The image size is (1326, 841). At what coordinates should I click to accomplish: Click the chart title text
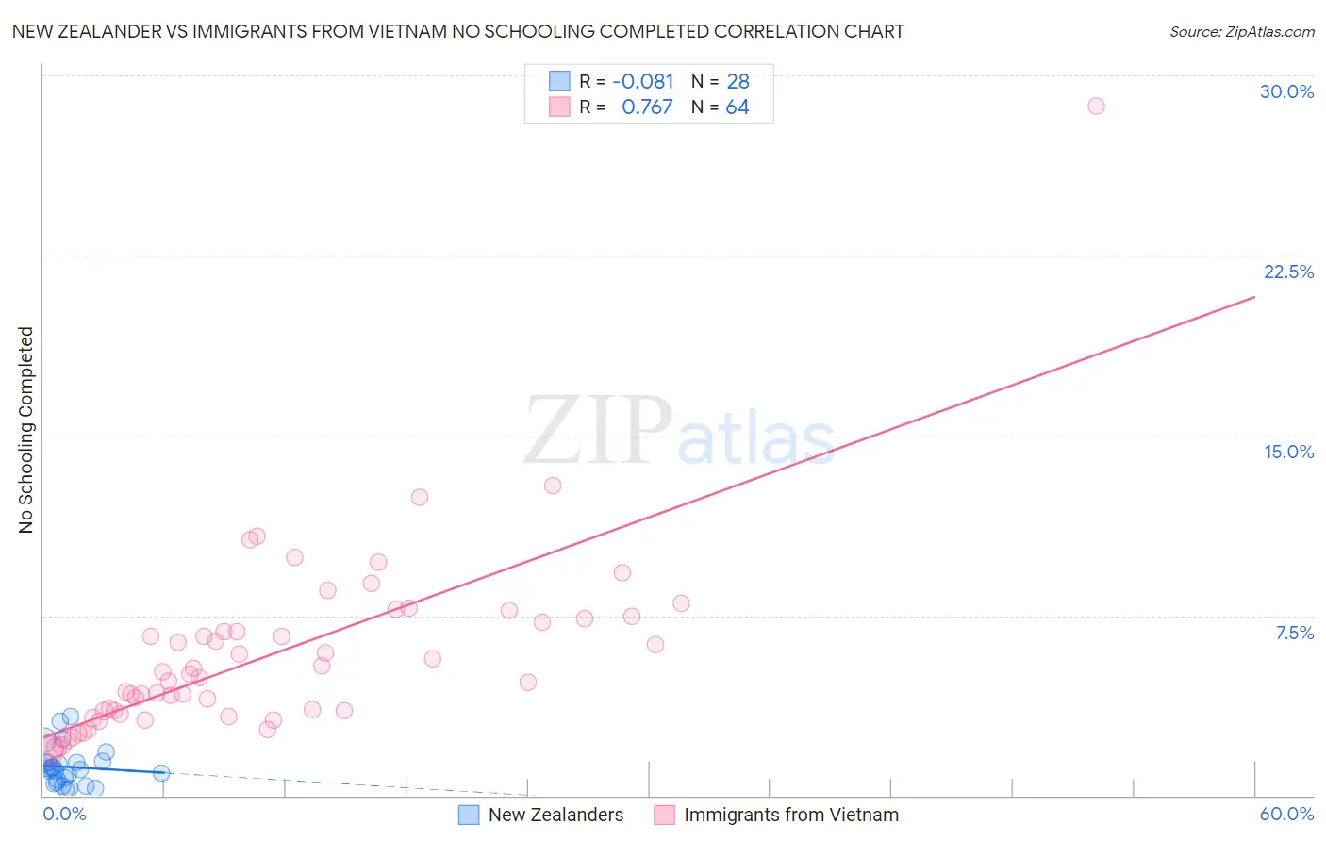click(x=457, y=32)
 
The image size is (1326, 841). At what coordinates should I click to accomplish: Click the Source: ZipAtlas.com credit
click(x=1241, y=32)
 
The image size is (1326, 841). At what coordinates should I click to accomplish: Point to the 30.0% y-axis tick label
click(x=1286, y=91)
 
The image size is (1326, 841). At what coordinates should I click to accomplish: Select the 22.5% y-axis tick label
click(x=1288, y=272)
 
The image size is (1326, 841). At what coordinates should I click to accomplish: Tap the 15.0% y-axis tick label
click(x=1288, y=452)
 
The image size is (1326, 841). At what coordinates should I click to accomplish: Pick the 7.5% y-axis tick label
click(x=1294, y=633)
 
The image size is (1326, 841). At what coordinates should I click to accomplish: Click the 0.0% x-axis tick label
click(x=64, y=814)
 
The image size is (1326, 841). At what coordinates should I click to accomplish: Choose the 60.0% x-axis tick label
click(x=1286, y=814)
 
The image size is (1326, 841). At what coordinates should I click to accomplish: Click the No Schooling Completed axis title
click(x=26, y=430)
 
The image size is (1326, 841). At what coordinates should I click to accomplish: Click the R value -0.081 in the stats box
click(x=643, y=82)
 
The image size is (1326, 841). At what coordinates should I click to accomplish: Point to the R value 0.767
click(x=647, y=107)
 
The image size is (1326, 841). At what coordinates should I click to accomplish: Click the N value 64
click(x=738, y=107)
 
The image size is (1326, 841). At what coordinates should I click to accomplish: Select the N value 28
click(x=738, y=82)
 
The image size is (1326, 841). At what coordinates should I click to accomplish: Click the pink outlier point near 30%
click(x=1096, y=106)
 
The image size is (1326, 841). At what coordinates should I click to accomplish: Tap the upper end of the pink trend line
click(x=1254, y=297)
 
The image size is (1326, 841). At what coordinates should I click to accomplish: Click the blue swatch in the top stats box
click(x=559, y=81)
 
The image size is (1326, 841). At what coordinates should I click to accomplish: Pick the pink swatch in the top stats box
click(x=559, y=107)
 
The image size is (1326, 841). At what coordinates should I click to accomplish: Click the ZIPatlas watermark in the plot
click(x=679, y=432)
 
